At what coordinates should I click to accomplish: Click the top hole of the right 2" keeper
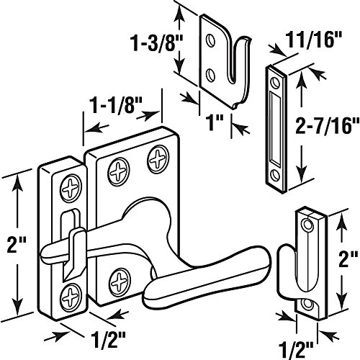click(307, 226)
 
